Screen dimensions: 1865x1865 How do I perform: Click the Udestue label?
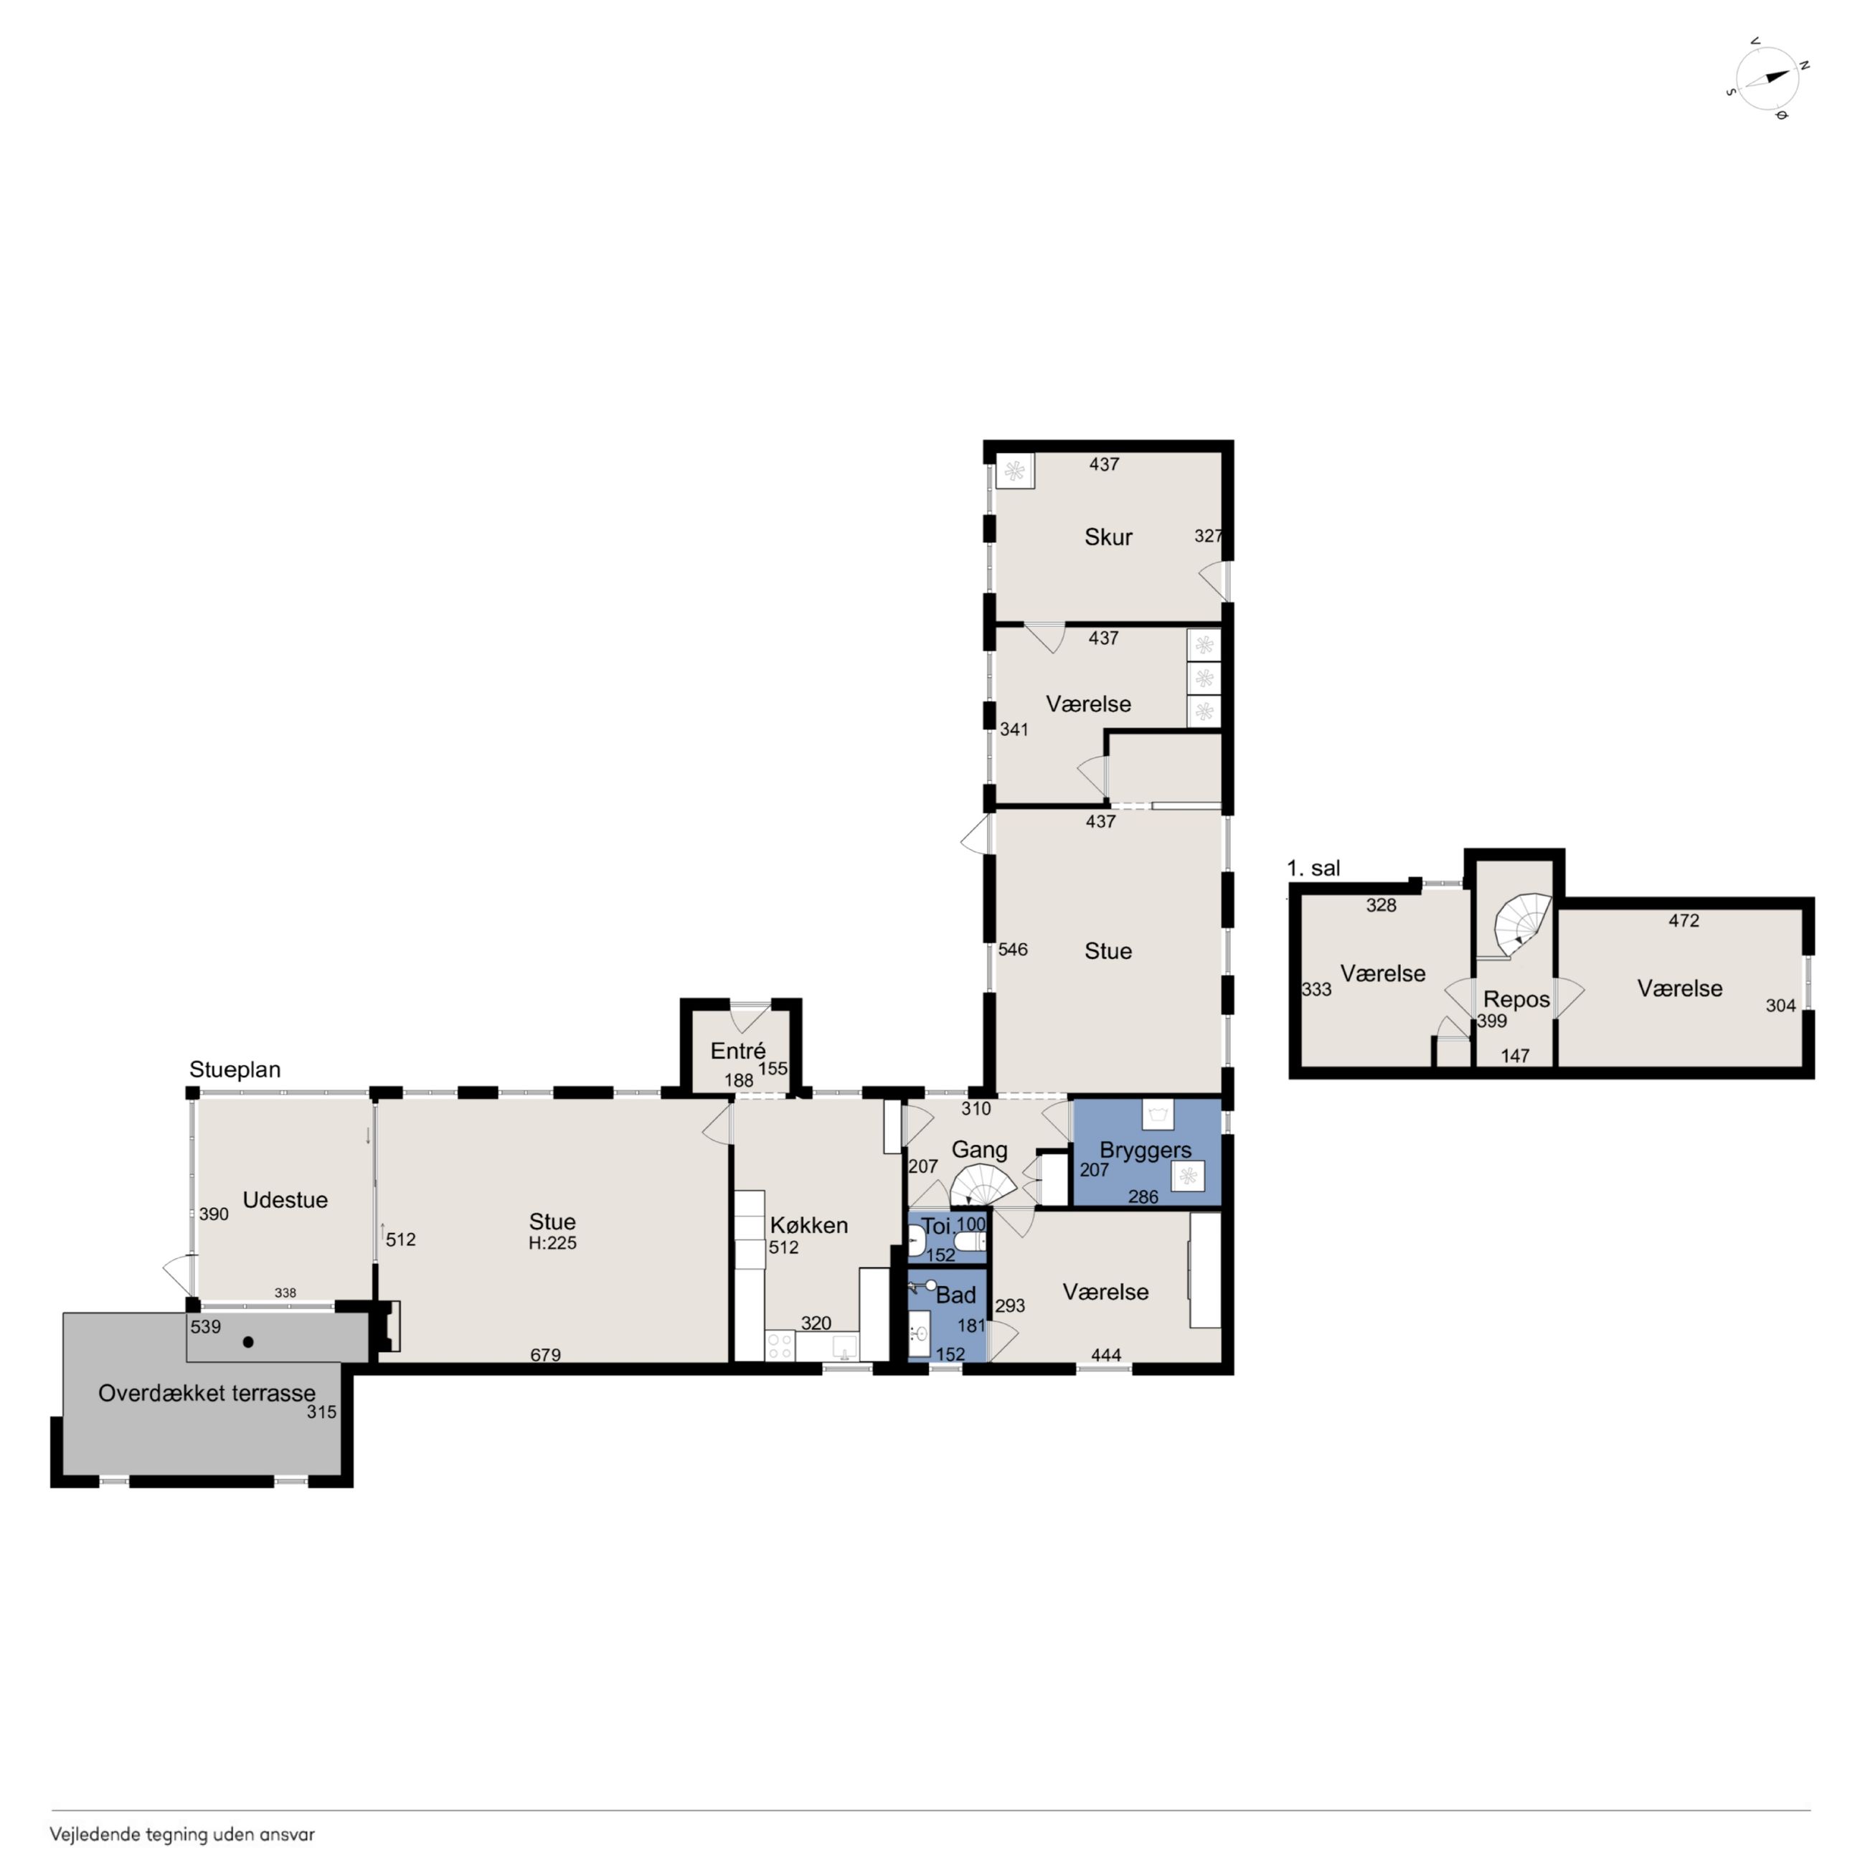(x=285, y=1200)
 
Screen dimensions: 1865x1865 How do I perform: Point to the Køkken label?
(x=809, y=1225)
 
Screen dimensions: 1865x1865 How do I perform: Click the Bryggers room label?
(x=1145, y=1151)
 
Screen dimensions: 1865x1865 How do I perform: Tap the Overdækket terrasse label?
(x=207, y=1393)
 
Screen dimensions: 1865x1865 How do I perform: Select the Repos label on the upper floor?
(x=1516, y=1000)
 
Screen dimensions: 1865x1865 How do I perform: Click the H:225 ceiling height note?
(x=552, y=1243)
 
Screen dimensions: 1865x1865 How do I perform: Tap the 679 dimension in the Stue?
(x=545, y=1355)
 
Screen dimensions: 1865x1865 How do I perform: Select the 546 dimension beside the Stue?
(x=1013, y=950)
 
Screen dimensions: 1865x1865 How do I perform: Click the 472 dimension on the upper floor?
(x=1684, y=921)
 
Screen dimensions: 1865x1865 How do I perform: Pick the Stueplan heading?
(x=235, y=1070)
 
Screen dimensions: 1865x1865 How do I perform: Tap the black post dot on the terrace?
(x=248, y=1342)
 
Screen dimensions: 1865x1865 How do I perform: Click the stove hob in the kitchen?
(x=780, y=1346)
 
